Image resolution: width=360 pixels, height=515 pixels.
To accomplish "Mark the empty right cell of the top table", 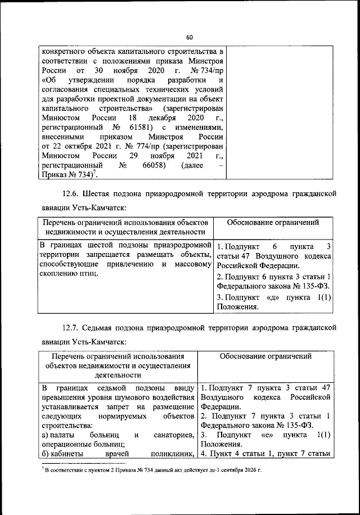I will click(283, 112).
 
